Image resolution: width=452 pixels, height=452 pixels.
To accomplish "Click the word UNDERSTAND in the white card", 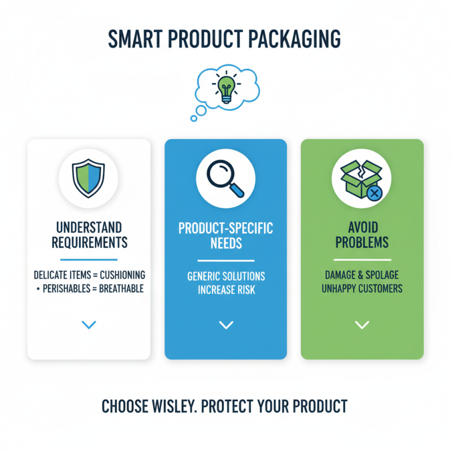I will pyautogui.click(x=89, y=228).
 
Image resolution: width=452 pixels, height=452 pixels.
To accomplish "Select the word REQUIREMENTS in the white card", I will pyautogui.click(x=89, y=244).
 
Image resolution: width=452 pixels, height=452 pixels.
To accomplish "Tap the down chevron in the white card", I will pyautogui.click(x=89, y=324).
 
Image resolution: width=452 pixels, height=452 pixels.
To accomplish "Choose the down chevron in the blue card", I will pyautogui.click(x=226, y=325).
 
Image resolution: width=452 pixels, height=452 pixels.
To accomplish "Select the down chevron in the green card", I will pyautogui.click(x=362, y=325).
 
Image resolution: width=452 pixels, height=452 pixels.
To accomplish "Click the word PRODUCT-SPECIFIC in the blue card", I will pyautogui.click(x=226, y=229).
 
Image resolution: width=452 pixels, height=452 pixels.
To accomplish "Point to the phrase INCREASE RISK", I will pyautogui.click(x=226, y=290).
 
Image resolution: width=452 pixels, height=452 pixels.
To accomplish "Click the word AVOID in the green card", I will pyautogui.click(x=362, y=228).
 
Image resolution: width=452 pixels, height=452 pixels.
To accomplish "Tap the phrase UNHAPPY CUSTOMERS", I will pyautogui.click(x=362, y=289).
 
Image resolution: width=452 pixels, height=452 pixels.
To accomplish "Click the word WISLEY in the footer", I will pyautogui.click(x=171, y=407).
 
